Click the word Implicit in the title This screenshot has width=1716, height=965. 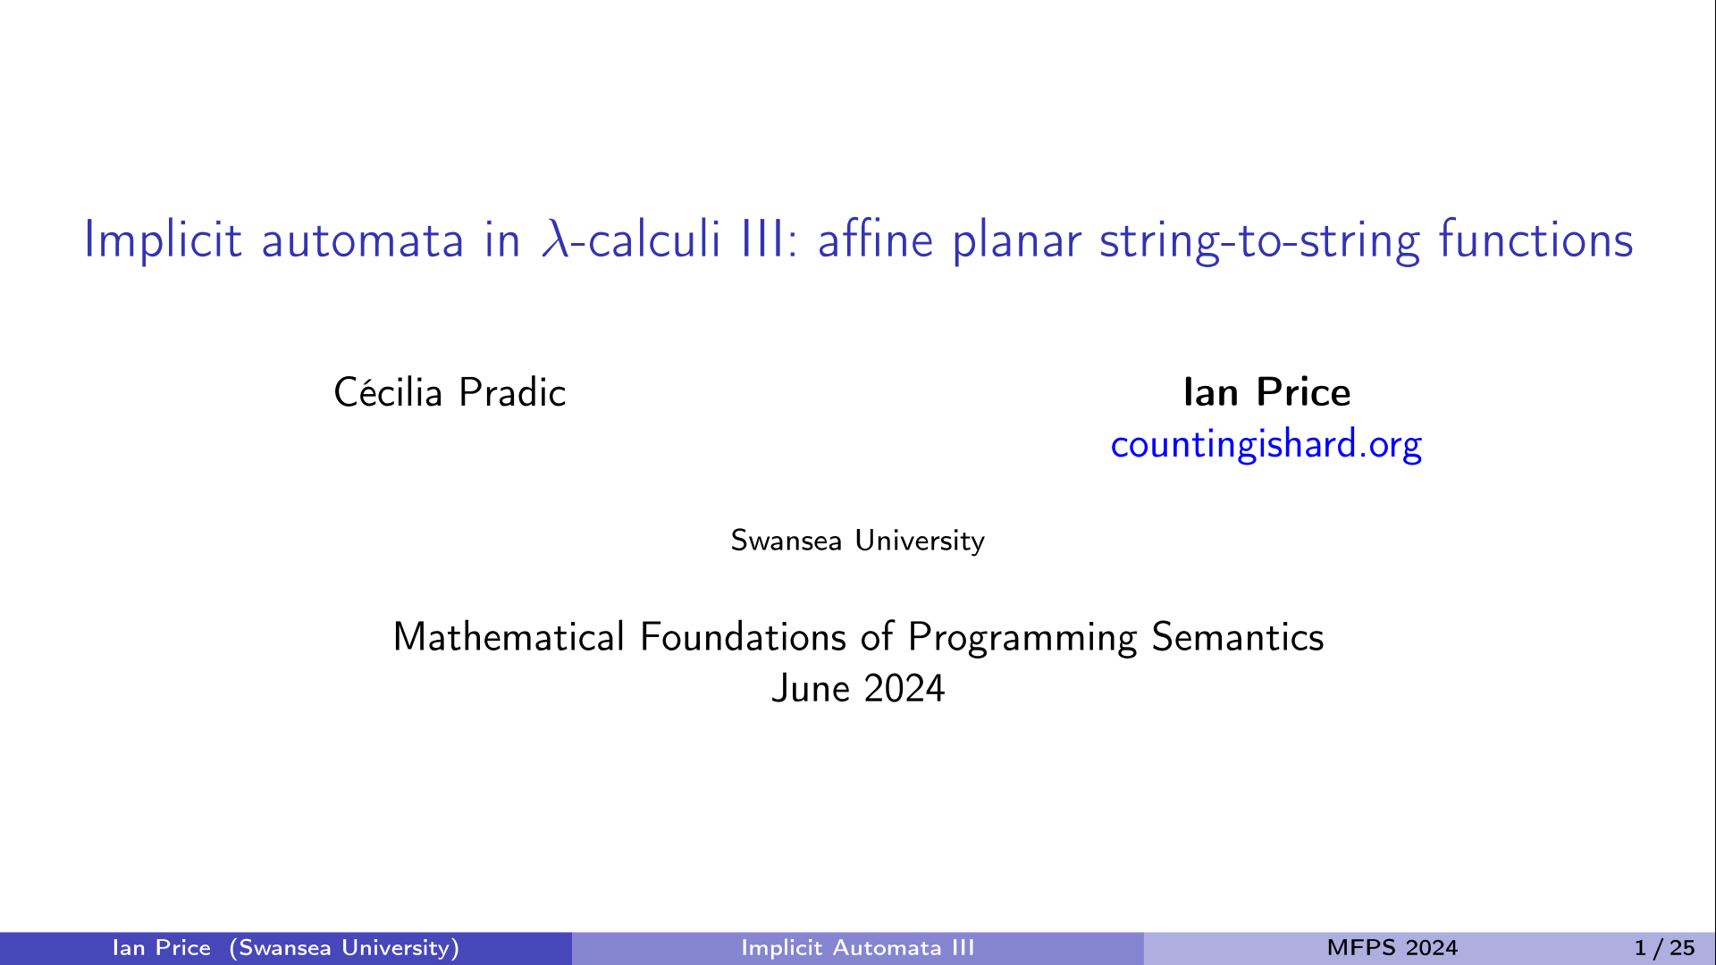click(163, 240)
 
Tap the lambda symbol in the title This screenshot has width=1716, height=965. click(555, 239)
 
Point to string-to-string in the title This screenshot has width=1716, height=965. click(1259, 241)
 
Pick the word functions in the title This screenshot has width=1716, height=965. click(1535, 239)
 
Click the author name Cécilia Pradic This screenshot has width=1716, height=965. click(450, 392)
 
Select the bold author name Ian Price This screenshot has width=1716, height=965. click(1266, 392)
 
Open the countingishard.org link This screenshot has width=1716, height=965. click(1266, 444)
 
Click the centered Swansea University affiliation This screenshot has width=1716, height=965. click(858, 541)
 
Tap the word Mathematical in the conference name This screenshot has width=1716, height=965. click(509, 637)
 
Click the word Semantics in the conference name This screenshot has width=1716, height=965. click(1238, 637)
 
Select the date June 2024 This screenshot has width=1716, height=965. click(858, 689)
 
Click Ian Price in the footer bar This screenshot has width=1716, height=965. click(162, 948)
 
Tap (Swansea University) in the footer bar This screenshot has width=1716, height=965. click(344, 949)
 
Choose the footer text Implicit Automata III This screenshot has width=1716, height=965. click(858, 948)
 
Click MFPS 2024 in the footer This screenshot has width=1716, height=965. click(1392, 948)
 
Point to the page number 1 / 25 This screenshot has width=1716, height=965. click(1664, 948)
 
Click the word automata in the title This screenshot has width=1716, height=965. click(363, 241)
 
